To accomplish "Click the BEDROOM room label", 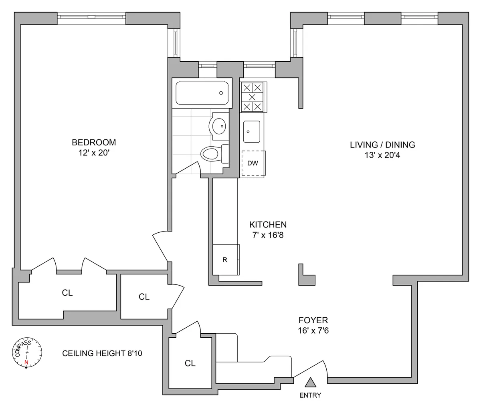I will coord(93,142).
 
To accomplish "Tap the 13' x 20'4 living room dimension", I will coord(382,155).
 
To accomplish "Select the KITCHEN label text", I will coord(268,225).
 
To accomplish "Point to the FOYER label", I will coord(313,320).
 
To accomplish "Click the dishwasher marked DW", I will coord(253,163).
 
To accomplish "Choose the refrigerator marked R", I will coord(225,260).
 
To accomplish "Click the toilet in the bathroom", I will coord(211,153).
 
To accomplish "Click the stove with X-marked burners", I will coord(252,97).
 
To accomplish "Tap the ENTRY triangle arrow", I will coord(310,383).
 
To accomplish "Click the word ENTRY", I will coord(310,395).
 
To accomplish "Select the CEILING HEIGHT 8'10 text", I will coord(102,353).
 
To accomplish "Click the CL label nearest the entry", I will coord(190,363).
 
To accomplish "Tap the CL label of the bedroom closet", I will coord(67,293).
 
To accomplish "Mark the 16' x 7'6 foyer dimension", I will coord(313,331).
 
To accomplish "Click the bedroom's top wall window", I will coord(91,17).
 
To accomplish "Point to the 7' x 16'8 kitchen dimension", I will coord(268,236).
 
